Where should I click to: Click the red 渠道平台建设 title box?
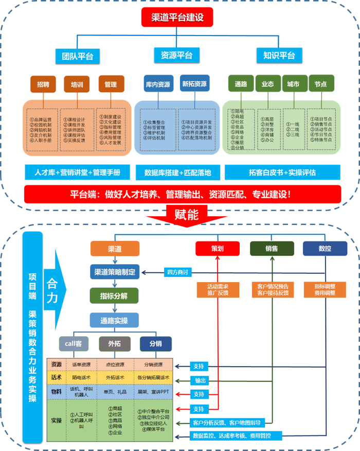(177, 18)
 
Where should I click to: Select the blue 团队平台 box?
(77, 56)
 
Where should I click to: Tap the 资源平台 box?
(177, 56)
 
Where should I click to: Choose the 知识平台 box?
(279, 56)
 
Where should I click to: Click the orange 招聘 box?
(43, 84)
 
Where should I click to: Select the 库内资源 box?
(158, 84)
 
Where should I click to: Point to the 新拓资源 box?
(194, 84)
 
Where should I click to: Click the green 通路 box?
(241, 83)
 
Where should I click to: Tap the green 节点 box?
(320, 83)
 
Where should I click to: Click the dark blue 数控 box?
(325, 248)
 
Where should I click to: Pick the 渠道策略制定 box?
(115, 272)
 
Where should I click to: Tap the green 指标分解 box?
(115, 296)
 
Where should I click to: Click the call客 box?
(74, 344)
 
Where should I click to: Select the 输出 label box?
(200, 380)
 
